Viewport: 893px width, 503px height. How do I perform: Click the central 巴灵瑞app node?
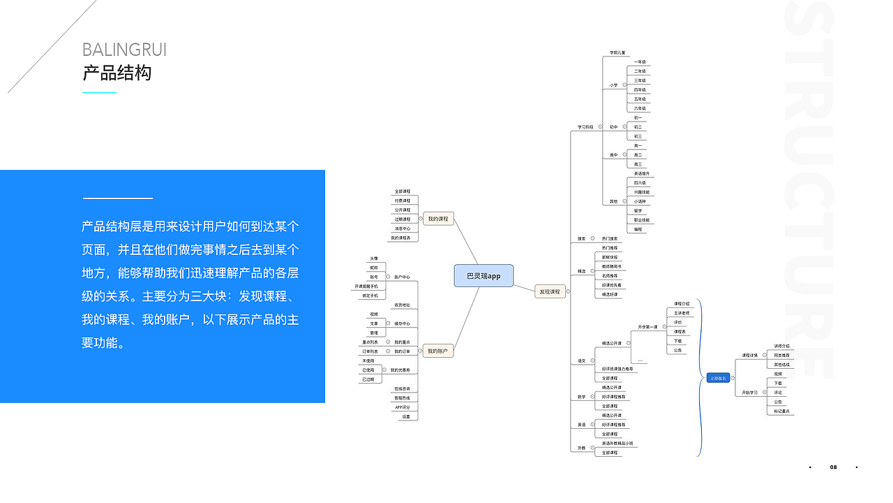click(483, 276)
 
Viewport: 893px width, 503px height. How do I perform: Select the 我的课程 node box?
click(438, 219)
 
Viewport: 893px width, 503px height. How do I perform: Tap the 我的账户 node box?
click(438, 351)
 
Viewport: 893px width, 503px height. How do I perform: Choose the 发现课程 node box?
click(550, 291)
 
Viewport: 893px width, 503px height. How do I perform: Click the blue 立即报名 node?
click(717, 378)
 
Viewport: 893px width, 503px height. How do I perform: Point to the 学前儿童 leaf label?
click(618, 52)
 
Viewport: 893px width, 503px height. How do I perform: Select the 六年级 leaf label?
click(640, 108)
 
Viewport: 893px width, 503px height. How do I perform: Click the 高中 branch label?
click(614, 155)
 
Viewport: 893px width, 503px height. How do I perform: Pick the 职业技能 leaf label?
click(641, 220)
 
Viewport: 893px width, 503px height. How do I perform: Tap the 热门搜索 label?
click(610, 238)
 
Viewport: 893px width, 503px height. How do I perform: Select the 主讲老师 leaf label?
click(682, 313)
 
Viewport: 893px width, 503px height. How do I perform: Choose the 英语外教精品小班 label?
click(617, 444)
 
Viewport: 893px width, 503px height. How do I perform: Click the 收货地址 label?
click(402, 305)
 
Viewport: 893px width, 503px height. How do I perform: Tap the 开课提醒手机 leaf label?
click(366, 286)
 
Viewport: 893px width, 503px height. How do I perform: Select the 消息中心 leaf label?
click(402, 228)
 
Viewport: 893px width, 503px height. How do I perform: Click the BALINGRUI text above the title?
click(124, 50)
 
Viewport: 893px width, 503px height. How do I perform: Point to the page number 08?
click(833, 467)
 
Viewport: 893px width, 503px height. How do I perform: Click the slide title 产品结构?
click(117, 73)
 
